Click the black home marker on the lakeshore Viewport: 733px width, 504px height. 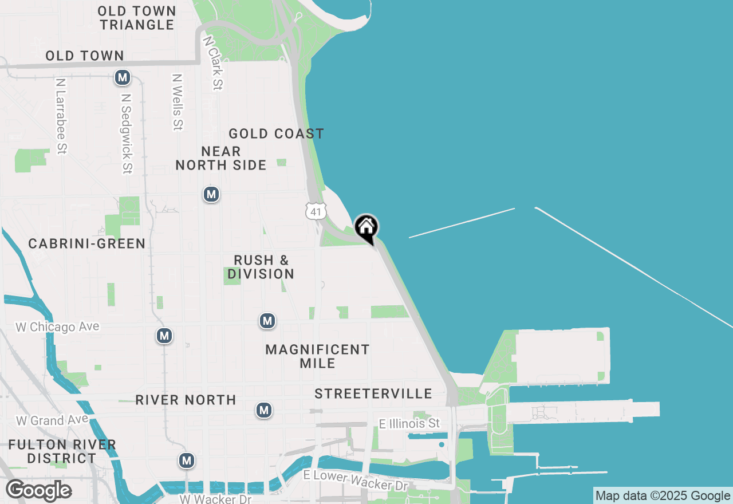point(366,228)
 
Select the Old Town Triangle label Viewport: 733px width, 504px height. point(136,18)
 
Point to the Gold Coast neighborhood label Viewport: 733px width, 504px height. point(277,134)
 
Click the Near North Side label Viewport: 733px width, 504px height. point(221,159)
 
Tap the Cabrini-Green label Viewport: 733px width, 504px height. point(87,244)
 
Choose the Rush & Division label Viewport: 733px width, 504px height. point(261,267)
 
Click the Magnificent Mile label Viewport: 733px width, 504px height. point(318,356)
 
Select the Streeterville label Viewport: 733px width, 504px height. point(373,394)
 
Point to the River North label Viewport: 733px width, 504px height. point(186,400)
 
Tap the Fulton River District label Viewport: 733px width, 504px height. point(62,451)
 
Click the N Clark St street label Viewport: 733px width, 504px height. point(212,64)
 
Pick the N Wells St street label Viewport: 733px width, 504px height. point(177,101)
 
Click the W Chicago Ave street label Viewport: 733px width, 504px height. point(57,327)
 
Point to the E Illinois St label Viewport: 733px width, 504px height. point(409,424)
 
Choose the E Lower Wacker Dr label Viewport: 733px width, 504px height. point(356,480)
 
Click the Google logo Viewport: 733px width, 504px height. point(38,491)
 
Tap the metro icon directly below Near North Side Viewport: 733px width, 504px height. point(211,195)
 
